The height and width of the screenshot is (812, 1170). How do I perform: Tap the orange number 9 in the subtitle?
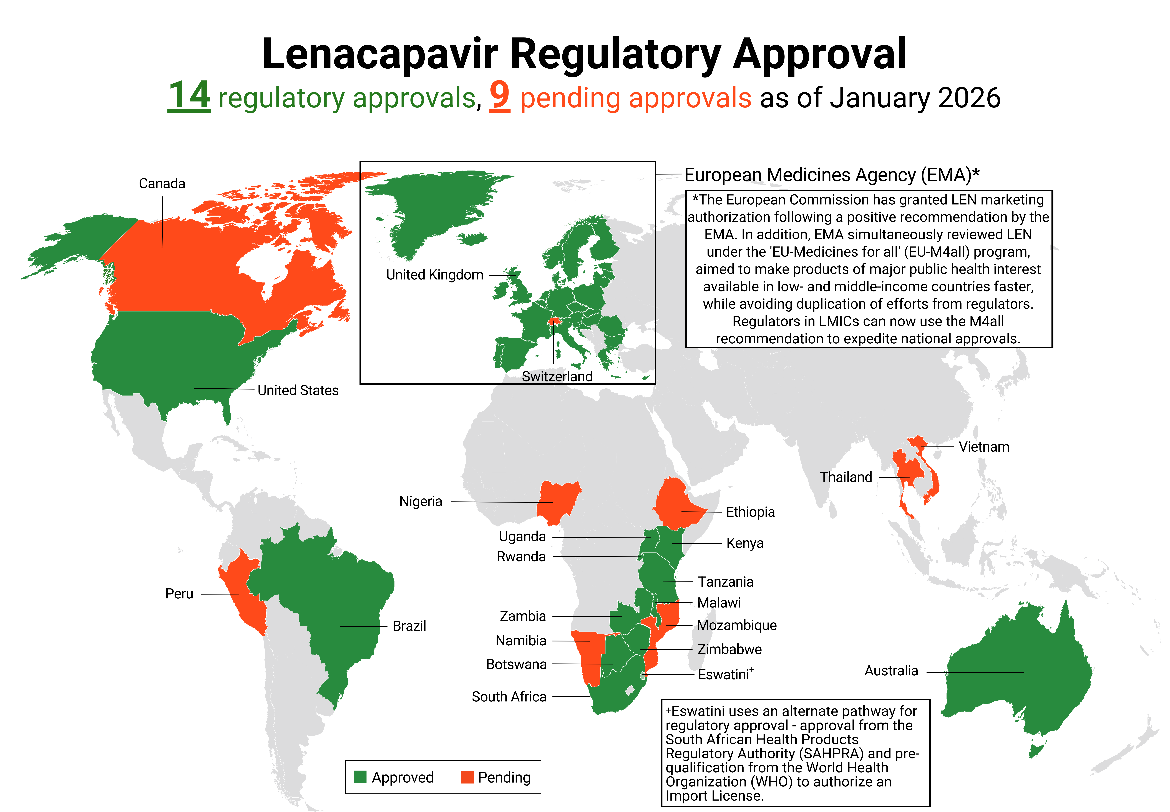click(x=499, y=96)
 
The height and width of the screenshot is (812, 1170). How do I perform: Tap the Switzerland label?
click(x=557, y=376)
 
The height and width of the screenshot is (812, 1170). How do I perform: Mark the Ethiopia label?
click(x=750, y=512)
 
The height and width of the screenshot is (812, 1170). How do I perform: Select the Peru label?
click(x=179, y=594)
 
